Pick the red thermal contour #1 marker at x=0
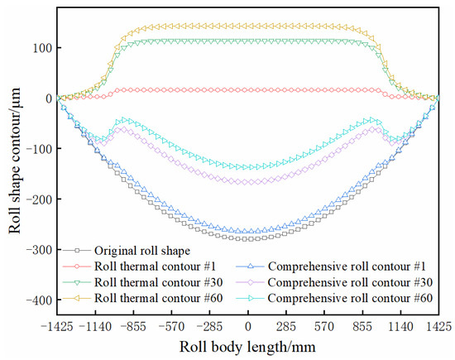pos(248,89)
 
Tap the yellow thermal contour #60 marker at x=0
pos(248,25)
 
